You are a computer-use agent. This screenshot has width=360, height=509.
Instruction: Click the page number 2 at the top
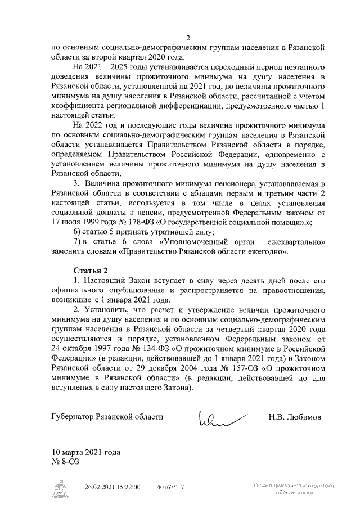click(x=188, y=38)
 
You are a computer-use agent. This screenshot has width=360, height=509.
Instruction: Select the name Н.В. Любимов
click(x=296, y=417)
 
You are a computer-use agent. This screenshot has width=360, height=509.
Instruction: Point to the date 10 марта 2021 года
click(x=85, y=452)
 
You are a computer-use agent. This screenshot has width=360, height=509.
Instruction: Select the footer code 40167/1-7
click(x=171, y=487)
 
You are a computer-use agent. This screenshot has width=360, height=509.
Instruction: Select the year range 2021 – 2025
click(x=106, y=67)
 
